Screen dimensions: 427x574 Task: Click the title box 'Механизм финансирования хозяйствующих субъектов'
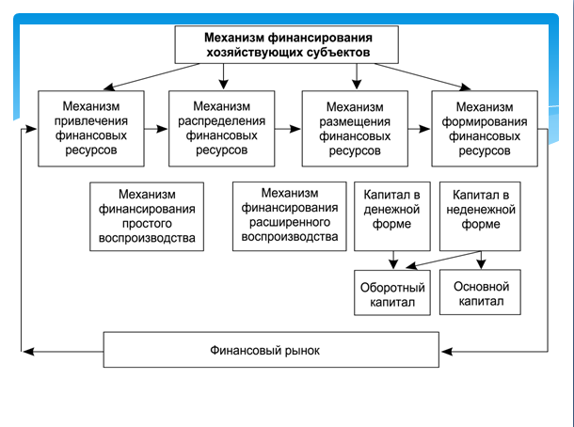(x=287, y=43)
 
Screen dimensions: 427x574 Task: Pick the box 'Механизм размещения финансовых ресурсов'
(x=356, y=126)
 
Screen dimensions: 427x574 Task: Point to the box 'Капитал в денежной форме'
(x=391, y=215)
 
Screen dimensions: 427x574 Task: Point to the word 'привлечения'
(x=92, y=119)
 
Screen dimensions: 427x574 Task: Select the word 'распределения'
(x=222, y=119)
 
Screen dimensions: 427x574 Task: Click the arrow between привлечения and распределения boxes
(x=157, y=124)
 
